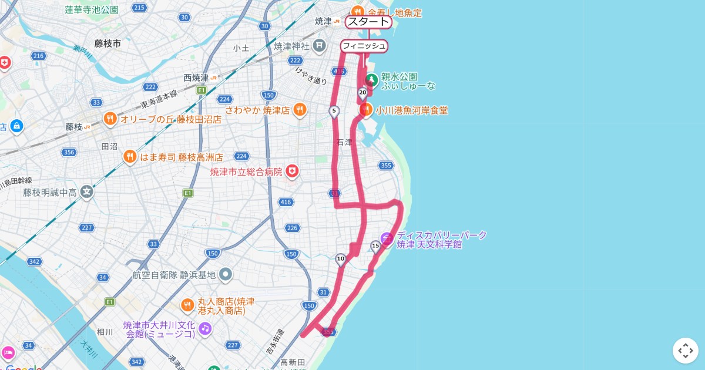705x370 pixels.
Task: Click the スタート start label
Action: click(368, 22)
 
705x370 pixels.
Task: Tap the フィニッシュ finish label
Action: click(364, 46)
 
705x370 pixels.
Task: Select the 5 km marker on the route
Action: click(334, 111)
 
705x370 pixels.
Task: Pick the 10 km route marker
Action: click(340, 259)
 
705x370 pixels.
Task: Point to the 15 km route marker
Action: click(375, 246)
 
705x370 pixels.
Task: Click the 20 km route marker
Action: click(362, 93)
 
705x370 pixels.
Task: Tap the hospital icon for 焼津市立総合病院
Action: click(292, 171)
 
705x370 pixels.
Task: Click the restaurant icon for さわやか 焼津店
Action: click(300, 109)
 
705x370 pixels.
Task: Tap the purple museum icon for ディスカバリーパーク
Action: click(387, 238)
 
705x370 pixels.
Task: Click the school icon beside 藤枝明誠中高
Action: click(87, 191)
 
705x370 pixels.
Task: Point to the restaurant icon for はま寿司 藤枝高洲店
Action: click(130, 157)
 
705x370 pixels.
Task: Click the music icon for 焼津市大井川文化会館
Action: click(204, 328)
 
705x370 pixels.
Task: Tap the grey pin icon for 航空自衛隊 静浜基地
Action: click(226, 274)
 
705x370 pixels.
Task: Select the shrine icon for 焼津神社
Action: click(319, 45)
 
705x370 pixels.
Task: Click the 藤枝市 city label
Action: click(108, 43)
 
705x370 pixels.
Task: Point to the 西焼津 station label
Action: click(196, 78)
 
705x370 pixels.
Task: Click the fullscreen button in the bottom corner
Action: click(685, 351)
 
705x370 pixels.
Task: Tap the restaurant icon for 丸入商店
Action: click(187, 305)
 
